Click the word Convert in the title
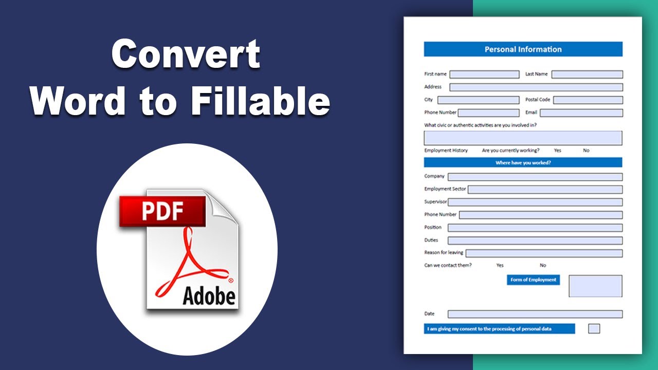tap(186, 54)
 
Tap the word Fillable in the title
tap(260, 100)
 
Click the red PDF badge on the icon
tap(162, 211)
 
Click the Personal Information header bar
tap(523, 49)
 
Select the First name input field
tap(484, 75)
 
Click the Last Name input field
tap(587, 75)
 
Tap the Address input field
tap(536, 87)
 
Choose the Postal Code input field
tap(588, 100)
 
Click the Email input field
tap(581, 113)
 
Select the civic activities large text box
tap(523, 138)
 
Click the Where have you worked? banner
tap(523, 162)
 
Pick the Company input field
tap(535, 177)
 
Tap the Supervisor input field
tap(535, 202)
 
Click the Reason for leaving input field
tap(544, 253)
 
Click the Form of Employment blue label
tap(533, 280)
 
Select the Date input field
tap(535, 314)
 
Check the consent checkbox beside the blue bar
tap(594, 328)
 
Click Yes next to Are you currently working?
tap(558, 151)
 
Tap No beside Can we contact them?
tap(543, 265)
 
